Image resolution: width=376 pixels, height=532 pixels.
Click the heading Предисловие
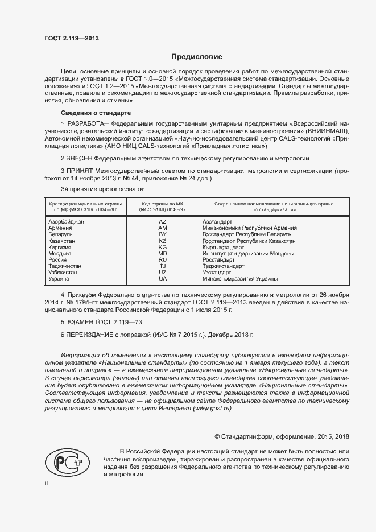pyautogui.click(x=196, y=57)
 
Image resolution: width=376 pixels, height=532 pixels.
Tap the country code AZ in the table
pyautogui.click(x=163, y=221)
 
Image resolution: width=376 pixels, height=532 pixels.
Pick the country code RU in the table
pyautogui.click(x=163, y=259)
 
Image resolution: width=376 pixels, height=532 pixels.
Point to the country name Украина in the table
pyautogui.click(x=59, y=279)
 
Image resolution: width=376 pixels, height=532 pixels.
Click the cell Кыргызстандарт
pyautogui.click(x=223, y=246)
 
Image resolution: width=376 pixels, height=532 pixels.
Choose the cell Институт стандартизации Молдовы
pyautogui.click(x=239, y=253)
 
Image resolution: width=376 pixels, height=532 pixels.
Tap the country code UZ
pyautogui.click(x=163, y=273)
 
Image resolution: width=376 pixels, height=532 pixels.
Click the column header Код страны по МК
pyautogui.click(x=163, y=206)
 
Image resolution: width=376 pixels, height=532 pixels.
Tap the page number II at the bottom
pyautogui.click(x=47, y=484)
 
